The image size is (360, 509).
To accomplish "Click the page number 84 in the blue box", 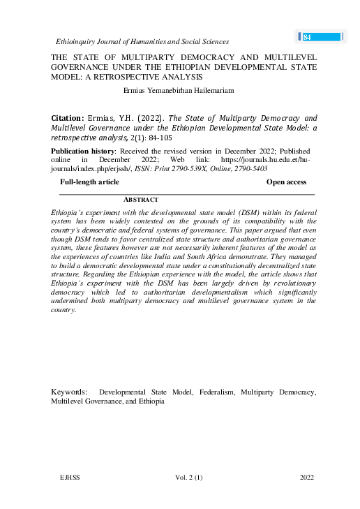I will pyautogui.click(x=307, y=37).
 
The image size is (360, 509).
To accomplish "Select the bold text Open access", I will pyautogui.click(x=286, y=182).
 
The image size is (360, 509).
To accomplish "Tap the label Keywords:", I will pyautogui.click(x=69, y=392).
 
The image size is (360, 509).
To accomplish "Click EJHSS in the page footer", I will pyautogui.click(x=72, y=477).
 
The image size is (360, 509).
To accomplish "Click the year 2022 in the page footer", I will pyautogui.click(x=306, y=477).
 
